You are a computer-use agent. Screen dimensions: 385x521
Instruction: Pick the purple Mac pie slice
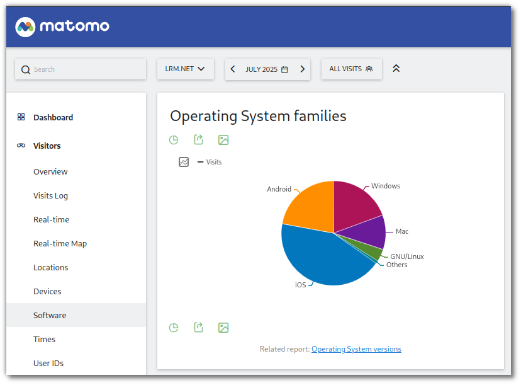click(x=371, y=232)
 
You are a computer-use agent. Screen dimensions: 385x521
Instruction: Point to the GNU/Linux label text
click(x=407, y=256)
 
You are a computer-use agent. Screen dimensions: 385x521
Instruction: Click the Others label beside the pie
click(x=396, y=265)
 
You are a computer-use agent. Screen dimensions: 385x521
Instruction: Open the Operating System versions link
click(x=356, y=349)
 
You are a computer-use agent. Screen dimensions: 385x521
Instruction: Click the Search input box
click(x=81, y=69)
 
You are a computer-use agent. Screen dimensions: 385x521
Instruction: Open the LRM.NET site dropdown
click(x=185, y=69)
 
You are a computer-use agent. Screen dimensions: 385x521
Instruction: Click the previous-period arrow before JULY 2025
click(x=233, y=69)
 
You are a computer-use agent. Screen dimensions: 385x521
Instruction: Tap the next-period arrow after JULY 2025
click(x=302, y=69)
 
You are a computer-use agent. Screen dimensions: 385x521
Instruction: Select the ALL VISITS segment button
click(x=351, y=69)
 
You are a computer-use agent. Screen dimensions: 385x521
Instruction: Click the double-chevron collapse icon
click(x=396, y=68)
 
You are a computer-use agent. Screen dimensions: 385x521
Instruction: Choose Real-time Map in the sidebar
click(x=60, y=244)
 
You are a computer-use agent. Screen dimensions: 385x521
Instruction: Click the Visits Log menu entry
click(x=50, y=196)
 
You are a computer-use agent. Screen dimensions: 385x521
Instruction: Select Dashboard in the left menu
click(x=53, y=118)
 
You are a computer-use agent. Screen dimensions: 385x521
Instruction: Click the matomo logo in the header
click(x=62, y=26)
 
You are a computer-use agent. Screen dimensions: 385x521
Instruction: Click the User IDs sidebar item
click(x=48, y=364)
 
